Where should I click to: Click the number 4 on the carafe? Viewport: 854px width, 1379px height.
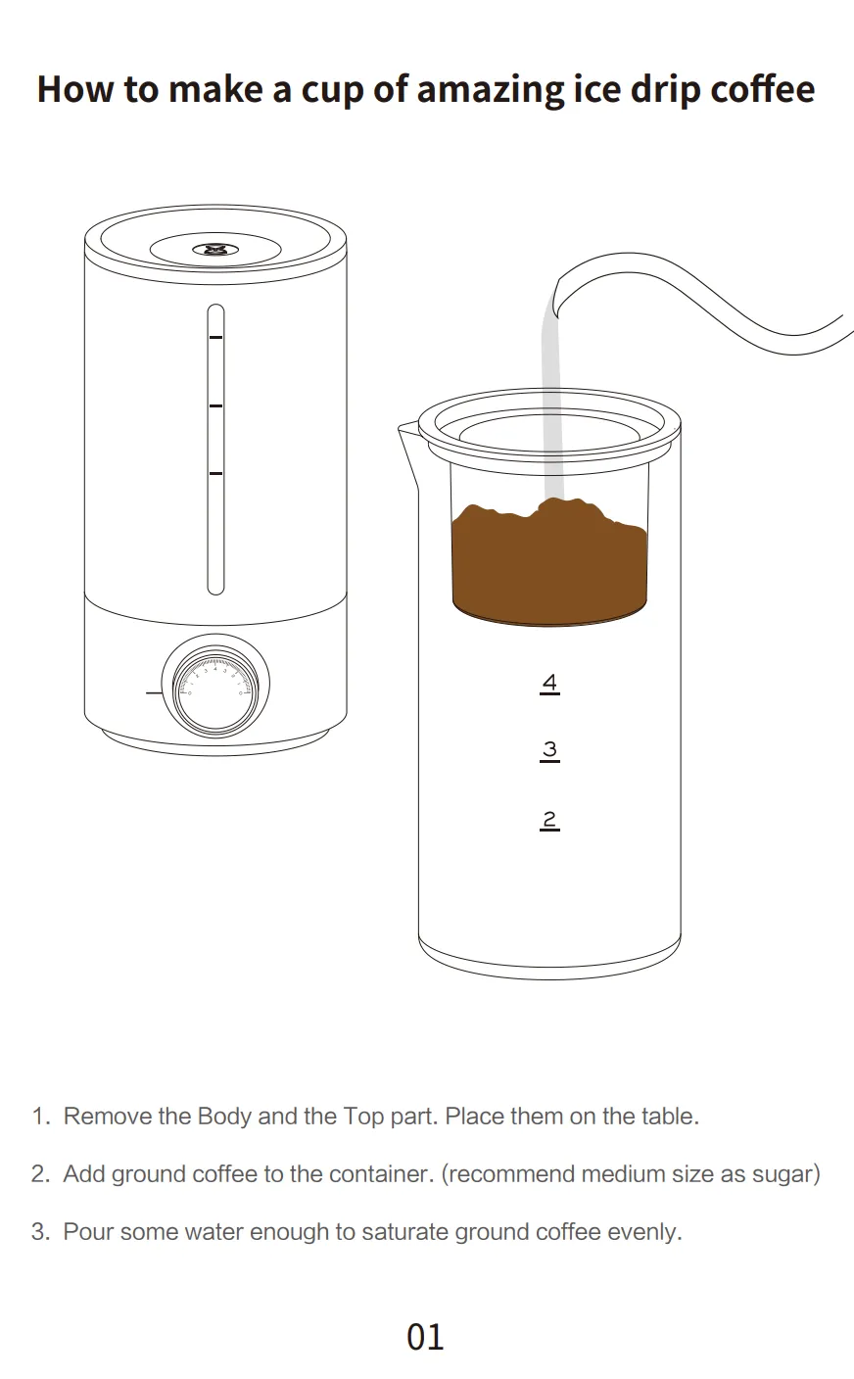click(x=549, y=683)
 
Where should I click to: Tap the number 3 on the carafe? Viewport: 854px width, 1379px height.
click(x=549, y=750)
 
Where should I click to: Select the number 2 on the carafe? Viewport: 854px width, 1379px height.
click(x=549, y=819)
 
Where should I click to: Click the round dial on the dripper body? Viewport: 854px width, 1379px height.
click(x=217, y=691)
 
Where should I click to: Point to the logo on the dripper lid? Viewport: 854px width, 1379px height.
click(x=214, y=251)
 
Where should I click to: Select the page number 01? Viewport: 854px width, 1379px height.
click(x=425, y=1337)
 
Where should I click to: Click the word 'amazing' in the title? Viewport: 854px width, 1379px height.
click(x=491, y=89)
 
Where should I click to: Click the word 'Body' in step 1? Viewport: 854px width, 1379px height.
click(x=224, y=1117)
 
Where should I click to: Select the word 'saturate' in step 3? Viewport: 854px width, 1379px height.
click(x=404, y=1231)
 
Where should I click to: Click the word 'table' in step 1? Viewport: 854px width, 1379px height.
click(x=668, y=1117)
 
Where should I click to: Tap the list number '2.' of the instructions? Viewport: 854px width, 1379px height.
click(x=40, y=1173)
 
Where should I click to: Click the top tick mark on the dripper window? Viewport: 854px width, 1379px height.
click(x=215, y=337)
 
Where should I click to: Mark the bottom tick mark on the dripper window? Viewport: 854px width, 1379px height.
click(x=215, y=474)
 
